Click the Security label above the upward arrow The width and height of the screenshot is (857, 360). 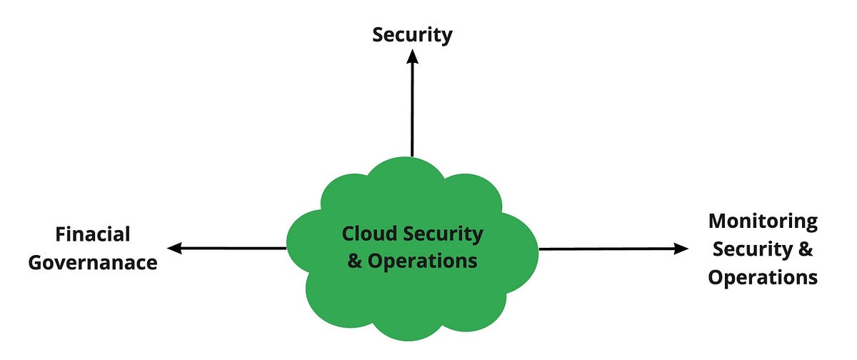pos(412,35)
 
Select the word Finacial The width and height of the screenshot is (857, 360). pos(93,234)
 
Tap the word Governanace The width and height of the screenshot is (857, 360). pos(93,262)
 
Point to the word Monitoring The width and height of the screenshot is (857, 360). pos(763,221)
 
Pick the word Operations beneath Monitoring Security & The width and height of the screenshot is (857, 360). pos(763,277)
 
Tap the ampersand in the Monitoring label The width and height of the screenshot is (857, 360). pos(806,249)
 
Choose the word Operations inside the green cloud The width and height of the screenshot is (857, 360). pos(422,261)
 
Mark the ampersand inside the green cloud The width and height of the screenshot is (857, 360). pos(355,261)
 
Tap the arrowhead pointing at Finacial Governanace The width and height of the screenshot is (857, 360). pos(174,248)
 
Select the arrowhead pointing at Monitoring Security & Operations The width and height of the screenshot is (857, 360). pos(682,249)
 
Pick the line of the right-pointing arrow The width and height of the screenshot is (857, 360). pos(607,249)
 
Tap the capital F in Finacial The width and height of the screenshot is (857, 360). pos(61,234)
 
